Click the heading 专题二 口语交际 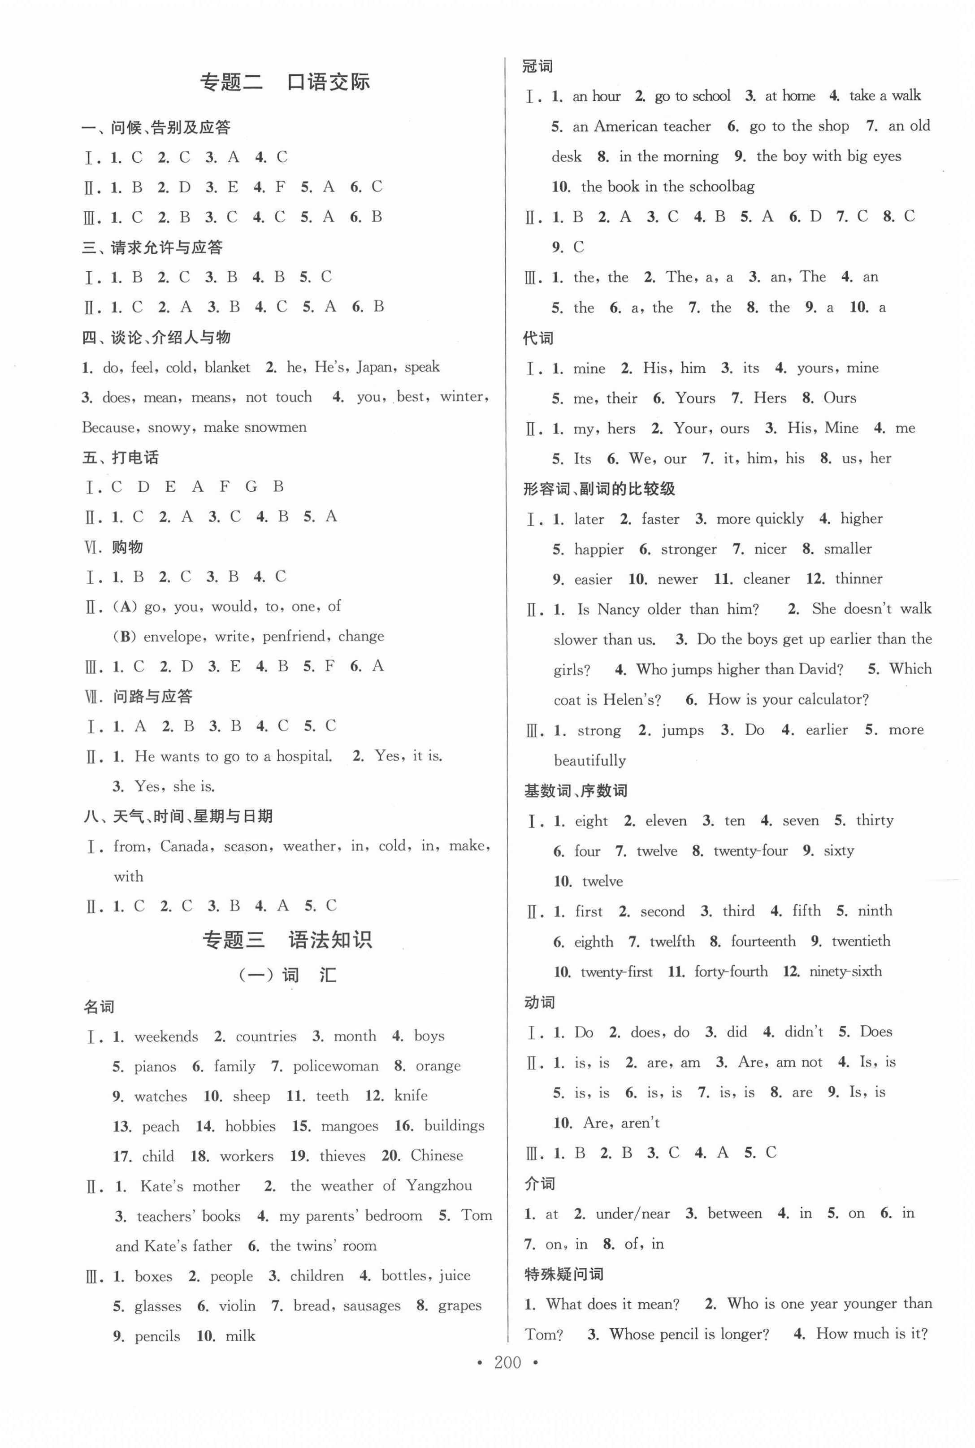pos(285,82)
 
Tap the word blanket pos(228,368)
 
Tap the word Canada pos(185,847)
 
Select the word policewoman pos(336,1066)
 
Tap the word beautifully pos(589,760)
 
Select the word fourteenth pos(763,941)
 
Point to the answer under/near pos(633,1214)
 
